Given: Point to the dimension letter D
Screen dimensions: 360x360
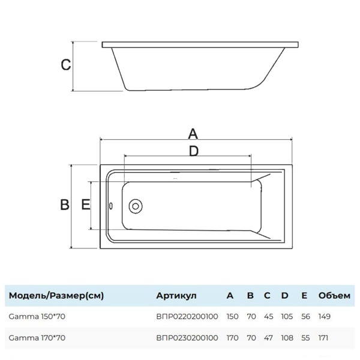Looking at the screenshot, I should tap(193, 151).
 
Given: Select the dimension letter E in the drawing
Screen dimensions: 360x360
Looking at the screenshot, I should tap(85, 205).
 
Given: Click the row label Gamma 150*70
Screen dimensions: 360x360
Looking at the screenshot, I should tap(36, 316).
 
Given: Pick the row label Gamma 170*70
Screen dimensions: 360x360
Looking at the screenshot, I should tap(36, 338).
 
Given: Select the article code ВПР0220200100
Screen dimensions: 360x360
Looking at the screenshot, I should tap(187, 316).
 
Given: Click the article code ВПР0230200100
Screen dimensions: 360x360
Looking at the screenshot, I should tap(187, 338).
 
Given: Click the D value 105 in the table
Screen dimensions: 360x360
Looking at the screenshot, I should tap(287, 316).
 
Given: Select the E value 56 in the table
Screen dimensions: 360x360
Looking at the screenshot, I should tap(305, 316).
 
